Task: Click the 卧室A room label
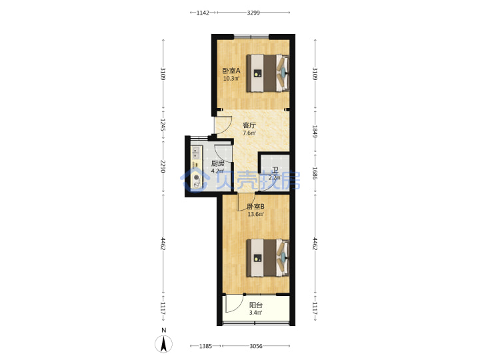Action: (x=231, y=71)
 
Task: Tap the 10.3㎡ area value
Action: (x=231, y=79)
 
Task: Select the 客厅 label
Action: (x=249, y=125)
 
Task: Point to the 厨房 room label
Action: (x=217, y=164)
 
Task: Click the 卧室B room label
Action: (x=255, y=207)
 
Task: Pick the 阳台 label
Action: (x=255, y=305)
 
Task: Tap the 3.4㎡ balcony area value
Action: (x=255, y=313)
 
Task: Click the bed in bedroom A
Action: (x=268, y=73)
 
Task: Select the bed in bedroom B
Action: (x=268, y=258)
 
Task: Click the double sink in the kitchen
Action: (x=196, y=153)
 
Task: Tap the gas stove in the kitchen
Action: (x=196, y=180)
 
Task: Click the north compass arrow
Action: (x=164, y=344)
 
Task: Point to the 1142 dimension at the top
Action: (x=203, y=13)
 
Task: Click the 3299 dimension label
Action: (x=253, y=13)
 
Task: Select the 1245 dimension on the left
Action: (x=163, y=125)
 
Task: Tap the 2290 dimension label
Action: (x=163, y=167)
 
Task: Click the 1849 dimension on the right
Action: (x=315, y=131)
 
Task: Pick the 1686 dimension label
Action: (x=315, y=173)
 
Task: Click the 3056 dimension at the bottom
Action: (x=256, y=346)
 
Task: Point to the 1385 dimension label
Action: (x=205, y=346)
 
